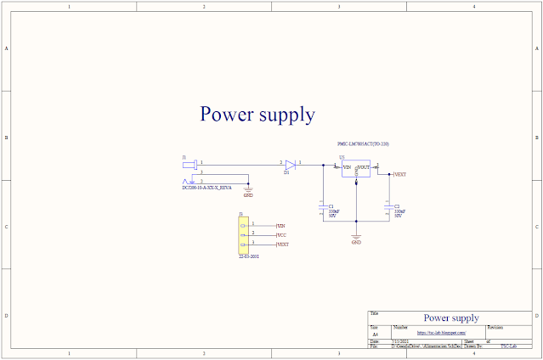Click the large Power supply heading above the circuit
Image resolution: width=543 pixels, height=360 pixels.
pyautogui.click(x=257, y=114)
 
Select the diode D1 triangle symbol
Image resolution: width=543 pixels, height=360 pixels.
pyautogui.click(x=289, y=163)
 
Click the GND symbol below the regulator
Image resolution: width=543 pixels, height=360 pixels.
pyautogui.click(x=356, y=237)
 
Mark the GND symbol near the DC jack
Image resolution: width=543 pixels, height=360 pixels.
pyautogui.click(x=247, y=190)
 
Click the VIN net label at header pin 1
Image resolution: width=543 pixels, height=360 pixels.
pyautogui.click(x=281, y=224)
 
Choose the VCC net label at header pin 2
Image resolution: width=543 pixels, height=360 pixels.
pyautogui.click(x=281, y=234)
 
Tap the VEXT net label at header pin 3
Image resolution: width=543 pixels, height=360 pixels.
pyautogui.click(x=283, y=245)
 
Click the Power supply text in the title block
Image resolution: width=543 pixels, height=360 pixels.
pyautogui.click(x=450, y=318)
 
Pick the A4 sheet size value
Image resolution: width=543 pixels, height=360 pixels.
pyautogui.click(x=376, y=335)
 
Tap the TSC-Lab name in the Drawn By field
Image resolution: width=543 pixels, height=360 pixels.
pyautogui.click(x=508, y=346)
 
